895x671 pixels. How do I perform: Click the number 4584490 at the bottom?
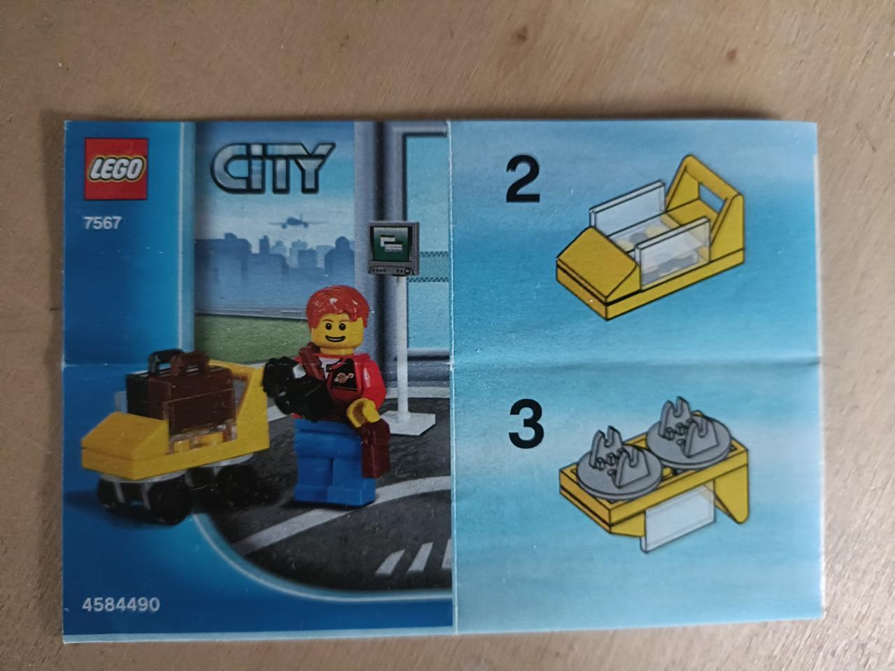click(x=121, y=605)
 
